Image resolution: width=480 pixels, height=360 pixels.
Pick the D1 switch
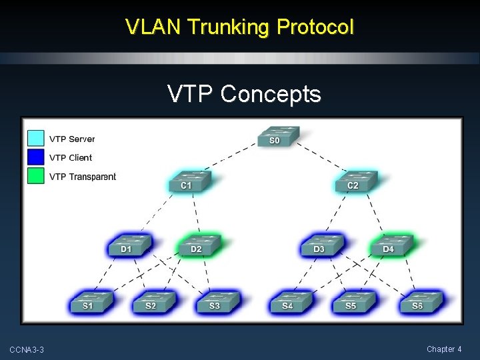coord(129,245)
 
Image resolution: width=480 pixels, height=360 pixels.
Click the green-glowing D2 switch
coord(198,245)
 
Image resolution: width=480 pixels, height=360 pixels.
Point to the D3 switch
coord(321,245)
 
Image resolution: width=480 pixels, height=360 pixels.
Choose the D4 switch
coord(391,245)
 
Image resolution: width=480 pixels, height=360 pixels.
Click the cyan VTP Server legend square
coord(36,138)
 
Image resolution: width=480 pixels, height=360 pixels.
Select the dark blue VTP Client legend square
coord(36,157)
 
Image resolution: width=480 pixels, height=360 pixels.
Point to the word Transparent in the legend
coord(93,177)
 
